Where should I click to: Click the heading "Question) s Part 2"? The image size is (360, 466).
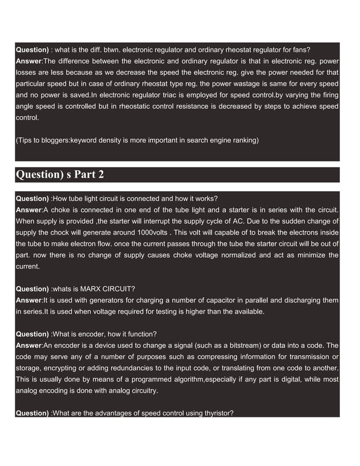point(60,174)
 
